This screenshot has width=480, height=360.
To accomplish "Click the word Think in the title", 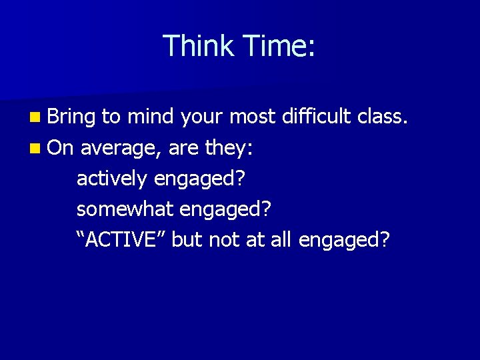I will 198,46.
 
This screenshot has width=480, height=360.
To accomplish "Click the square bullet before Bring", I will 34,118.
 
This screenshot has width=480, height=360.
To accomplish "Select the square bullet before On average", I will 34,148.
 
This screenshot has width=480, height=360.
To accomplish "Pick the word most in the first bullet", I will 252,118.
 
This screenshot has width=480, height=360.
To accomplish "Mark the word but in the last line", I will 187,239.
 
